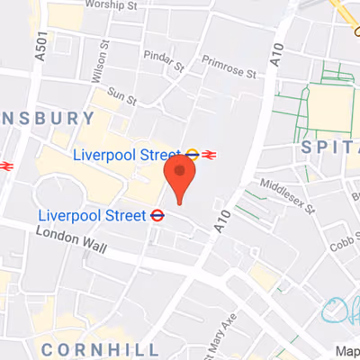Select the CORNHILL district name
click(x=101, y=348)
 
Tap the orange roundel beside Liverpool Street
click(x=192, y=155)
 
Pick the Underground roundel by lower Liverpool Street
click(x=157, y=216)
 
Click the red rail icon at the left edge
click(x=4, y=166)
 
